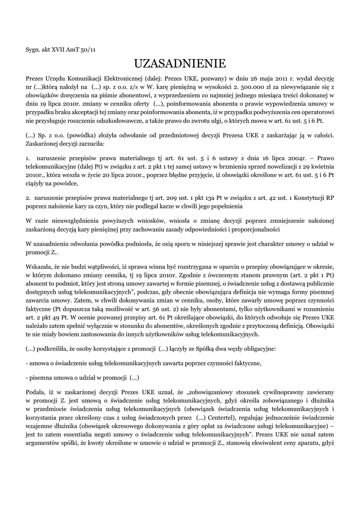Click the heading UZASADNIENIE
pos(180,63)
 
